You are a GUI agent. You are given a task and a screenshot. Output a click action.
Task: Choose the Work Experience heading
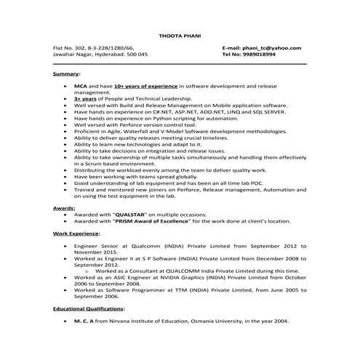click(78, 234)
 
